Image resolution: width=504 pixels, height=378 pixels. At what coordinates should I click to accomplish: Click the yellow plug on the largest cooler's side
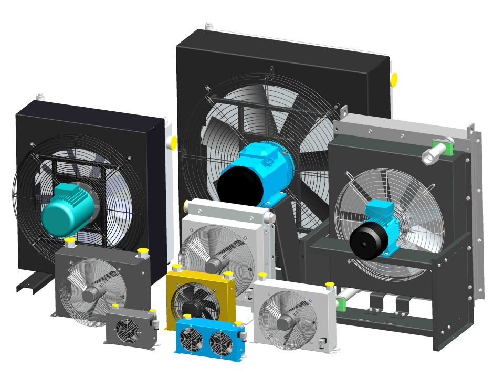tap(393, 79)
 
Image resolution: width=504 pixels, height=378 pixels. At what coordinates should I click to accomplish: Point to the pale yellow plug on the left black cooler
tap(172, 142)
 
